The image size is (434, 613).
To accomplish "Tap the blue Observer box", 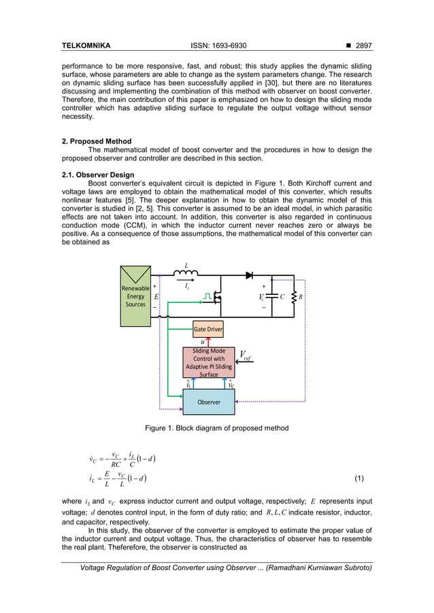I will (208, 402).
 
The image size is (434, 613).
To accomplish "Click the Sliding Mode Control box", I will (209, 362).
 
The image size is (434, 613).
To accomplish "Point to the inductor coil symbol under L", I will (186, 276).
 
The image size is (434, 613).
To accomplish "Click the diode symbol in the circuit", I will (250, 277).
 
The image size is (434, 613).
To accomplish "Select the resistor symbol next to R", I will (294, 297).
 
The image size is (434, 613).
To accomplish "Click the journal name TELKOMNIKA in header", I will (86, 46).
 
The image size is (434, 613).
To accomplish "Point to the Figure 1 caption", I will (216, 428).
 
